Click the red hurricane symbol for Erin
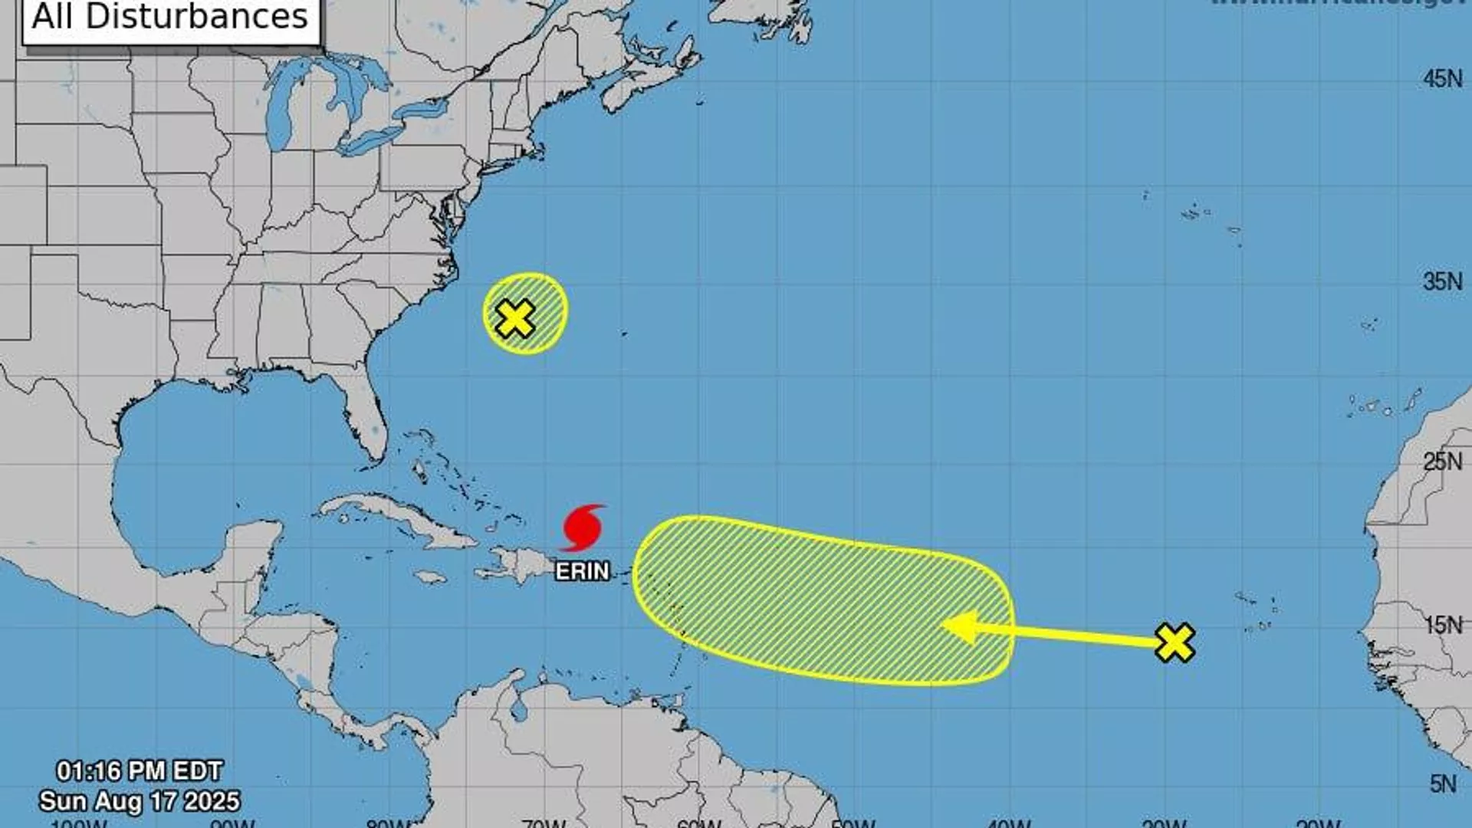[x=583, y=527]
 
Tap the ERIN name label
[x=582, y=571]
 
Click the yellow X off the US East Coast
[x=515, y=318]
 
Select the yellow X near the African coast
[x=1175, y=642]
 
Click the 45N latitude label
[x=1442, y=79]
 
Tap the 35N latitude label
[x=1442, y=281]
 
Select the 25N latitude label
[x=1442, y=462]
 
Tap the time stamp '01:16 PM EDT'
[x=140, y=770]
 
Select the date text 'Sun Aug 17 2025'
[x=140, y=801]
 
